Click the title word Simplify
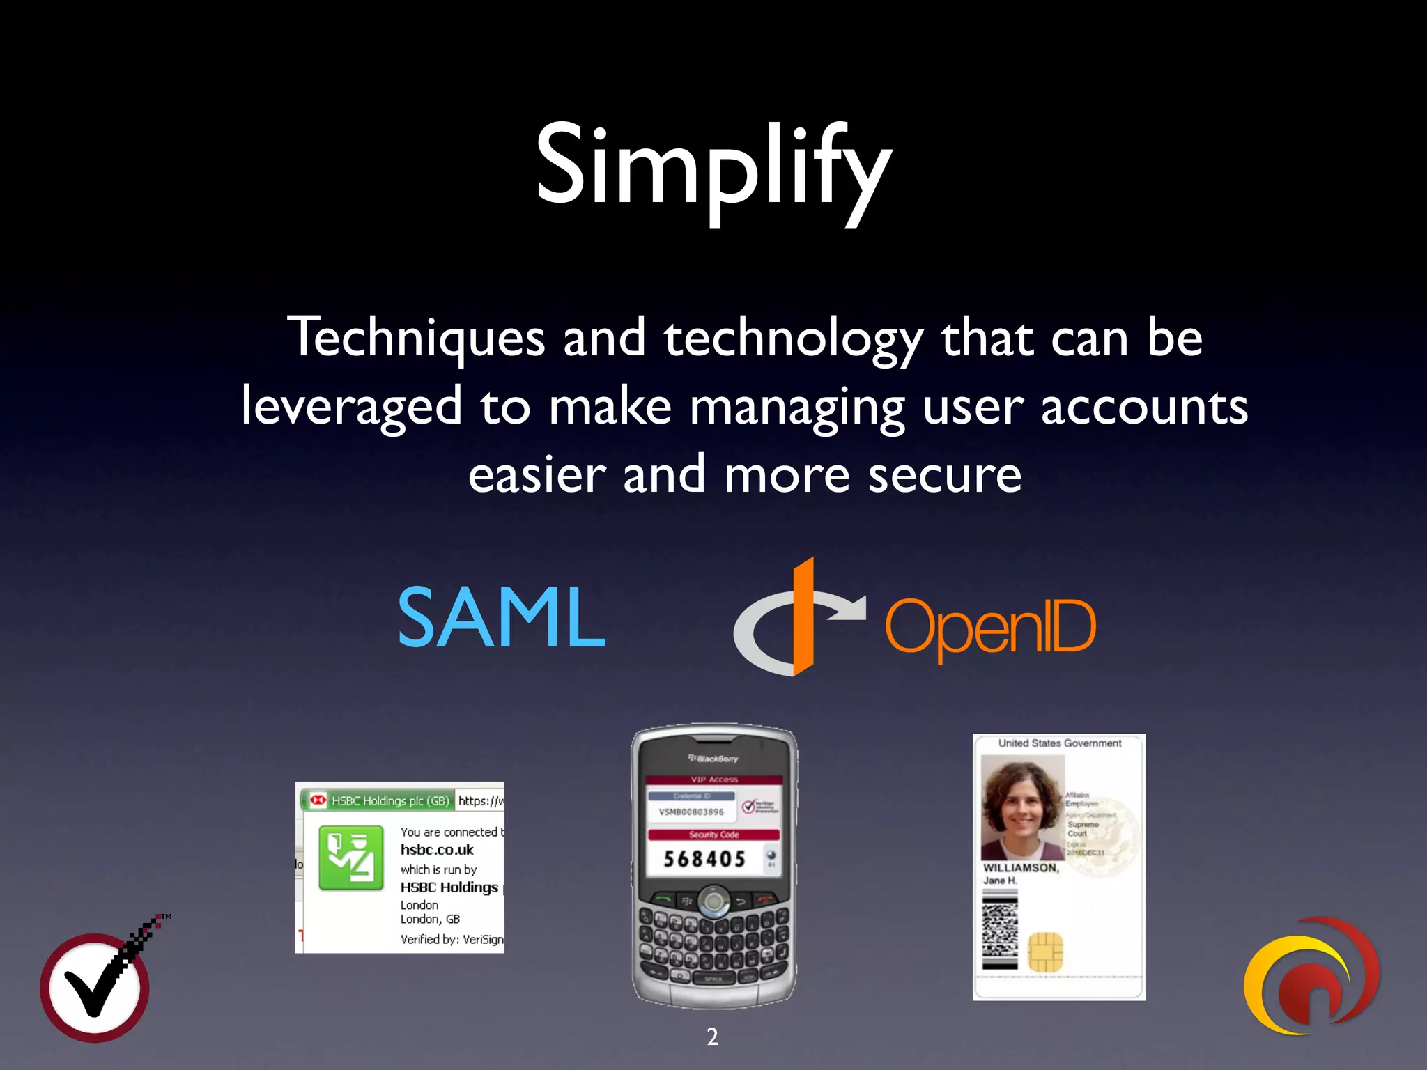pyautogui.click(x=713, y=167)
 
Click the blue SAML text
pyautogui.click(x=501, y=617)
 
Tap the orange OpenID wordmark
pyautogui.click(x=990, y=627)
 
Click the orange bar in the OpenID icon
pyautogui.click(x=803, y=617)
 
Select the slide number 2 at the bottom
pyautogui.click(x=712, y=1037)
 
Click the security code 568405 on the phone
pyautogui.click(x=704, y=859)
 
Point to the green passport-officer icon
pyautogui.click(x=351, y=858)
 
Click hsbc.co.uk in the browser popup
pyautogui.click(x=437, y=850)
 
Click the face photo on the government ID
pyautogui.click(x=1022, y=808)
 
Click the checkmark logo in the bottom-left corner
pyautogui.click(x=95, y=986)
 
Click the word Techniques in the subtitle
pyautogui.click(x=416, y=338)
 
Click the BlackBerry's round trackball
pyautogui.click(x=713, y=901)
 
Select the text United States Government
pyautogui.click(x=1059, y=743)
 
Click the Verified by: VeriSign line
pyautogui.click(x=452, y=939)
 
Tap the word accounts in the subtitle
pyautogui.click(x=1144, y=407)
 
